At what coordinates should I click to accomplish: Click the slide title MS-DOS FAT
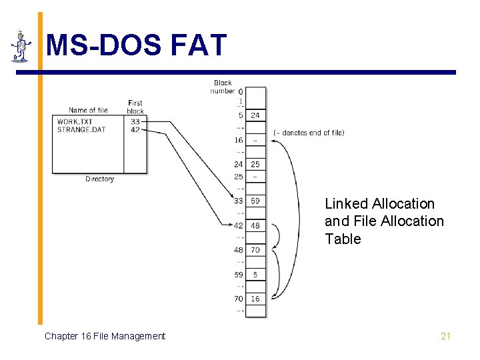(x=137, y=46)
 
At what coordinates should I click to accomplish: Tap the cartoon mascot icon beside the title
(x=21, y=47)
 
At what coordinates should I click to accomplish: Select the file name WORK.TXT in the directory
(x=75, y=122)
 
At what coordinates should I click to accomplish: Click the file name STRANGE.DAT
(x=82, y=129)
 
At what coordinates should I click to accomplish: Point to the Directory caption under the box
(x=99, y=179)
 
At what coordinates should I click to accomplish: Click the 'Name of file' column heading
(x=88, y=110)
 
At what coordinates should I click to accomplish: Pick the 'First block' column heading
(x=135, y=107)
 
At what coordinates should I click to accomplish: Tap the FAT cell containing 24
(x=255, y=115)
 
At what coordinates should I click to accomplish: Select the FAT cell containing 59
(x=255, y=201)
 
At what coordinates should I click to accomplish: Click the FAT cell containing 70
(x=255, y=250)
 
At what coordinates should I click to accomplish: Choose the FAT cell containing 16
(x=255, y=299)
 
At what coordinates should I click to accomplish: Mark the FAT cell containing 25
(x=255, y=164)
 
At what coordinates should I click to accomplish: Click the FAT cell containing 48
(x=255, y=225)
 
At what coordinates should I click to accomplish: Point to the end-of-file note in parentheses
(x=309, y=133)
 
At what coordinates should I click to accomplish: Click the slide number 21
(x=445, y=336)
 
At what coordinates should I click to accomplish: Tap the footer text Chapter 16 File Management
(x=105, y=336)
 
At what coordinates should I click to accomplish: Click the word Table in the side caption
(x=343, y=239)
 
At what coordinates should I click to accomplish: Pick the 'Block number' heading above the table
(x=223, y=87)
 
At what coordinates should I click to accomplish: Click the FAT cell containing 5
(x=255, y=274)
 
